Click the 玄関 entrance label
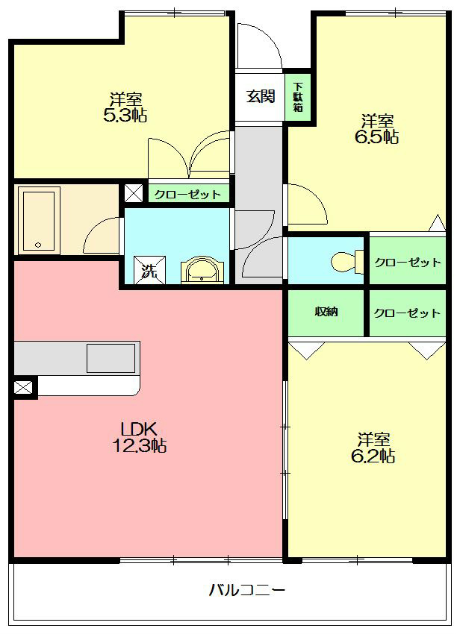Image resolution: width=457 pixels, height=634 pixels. coord(260,95)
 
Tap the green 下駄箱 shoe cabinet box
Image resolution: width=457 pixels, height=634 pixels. coord(298,96)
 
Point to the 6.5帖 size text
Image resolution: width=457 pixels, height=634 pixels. coord(380,136)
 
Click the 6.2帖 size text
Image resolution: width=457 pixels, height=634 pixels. coord(373,456)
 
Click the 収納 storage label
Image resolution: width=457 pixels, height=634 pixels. coord(326,312)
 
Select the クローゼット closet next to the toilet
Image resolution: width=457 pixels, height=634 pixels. coord(407,263)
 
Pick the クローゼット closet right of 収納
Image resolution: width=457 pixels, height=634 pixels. coord(407,313)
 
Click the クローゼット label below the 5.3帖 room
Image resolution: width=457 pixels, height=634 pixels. coord(187,195)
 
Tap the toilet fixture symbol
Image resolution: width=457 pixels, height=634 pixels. coord(343,262)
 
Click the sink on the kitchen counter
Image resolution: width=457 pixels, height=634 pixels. coord(111,358)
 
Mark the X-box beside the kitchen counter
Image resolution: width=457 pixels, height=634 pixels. coord(23,387)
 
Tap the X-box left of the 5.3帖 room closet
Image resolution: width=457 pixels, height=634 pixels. coord(134,192)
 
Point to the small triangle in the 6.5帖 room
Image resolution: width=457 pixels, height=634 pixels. coord(436,223)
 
